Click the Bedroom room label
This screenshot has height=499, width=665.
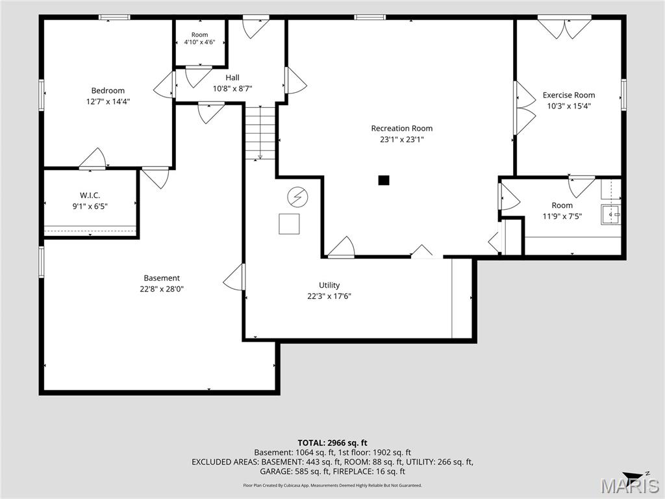pos(108,90)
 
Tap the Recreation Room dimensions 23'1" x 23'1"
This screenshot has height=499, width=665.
pos(401,139)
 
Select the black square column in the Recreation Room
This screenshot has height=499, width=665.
pos(384,181)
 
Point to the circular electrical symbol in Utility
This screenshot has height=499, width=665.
pos(297,198)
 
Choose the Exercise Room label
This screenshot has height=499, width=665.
pos(569,95)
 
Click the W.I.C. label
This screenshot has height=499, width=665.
pos(90,195)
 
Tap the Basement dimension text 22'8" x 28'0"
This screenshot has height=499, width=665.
pos(162,289)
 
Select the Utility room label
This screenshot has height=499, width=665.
pos(329,285)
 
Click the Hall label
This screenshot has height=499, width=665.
pos(232,78)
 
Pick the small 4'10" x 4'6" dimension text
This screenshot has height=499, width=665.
pos(199,42)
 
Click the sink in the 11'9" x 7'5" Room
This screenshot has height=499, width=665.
pos(610,214)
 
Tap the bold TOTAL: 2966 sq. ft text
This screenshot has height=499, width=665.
pos(332,443)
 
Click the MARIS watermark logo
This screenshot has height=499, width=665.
pos(630,486)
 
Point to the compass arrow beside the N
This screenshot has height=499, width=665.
pos(633,476)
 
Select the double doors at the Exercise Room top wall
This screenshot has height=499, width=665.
pos(564,27)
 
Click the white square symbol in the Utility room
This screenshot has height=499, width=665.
pos(289,224)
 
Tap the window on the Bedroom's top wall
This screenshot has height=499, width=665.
pos(114,18)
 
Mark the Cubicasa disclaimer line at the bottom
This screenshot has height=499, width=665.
pos(332,485)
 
